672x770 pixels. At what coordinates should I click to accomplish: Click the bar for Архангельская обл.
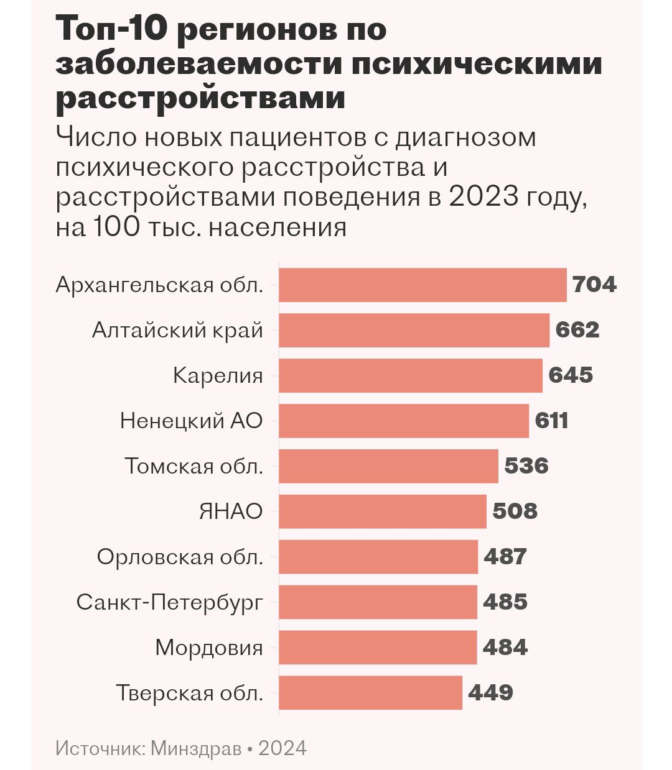coord(422,285)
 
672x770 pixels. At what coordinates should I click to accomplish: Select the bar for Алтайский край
coord(414,330)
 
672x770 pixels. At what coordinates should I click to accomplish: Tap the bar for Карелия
coord(411,375)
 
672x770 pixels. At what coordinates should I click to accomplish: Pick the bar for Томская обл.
coord(388,466)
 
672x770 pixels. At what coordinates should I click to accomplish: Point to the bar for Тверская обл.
coord(370,693)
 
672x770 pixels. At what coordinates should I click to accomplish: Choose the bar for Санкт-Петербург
coord(378,602)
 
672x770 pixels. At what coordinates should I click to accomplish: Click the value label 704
coord(594,285)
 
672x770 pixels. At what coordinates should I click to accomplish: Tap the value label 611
coord(552,421)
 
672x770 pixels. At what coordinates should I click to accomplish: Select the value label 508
coord(515,511)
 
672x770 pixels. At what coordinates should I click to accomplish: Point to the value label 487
coord(505,557)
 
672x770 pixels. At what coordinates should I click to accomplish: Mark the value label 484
coord(505,648)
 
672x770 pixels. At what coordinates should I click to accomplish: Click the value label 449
coord(490,693)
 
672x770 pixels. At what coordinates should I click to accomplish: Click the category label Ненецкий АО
coord(191,421)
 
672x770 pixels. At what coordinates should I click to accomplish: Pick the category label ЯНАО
coord(230,511)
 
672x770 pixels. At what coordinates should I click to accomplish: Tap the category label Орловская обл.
coord(180,557)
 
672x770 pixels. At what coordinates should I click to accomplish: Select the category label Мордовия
coord(208,648)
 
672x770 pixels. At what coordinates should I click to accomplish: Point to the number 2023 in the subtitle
coord(483,197)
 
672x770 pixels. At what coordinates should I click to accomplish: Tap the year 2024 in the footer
coord(282,748)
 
